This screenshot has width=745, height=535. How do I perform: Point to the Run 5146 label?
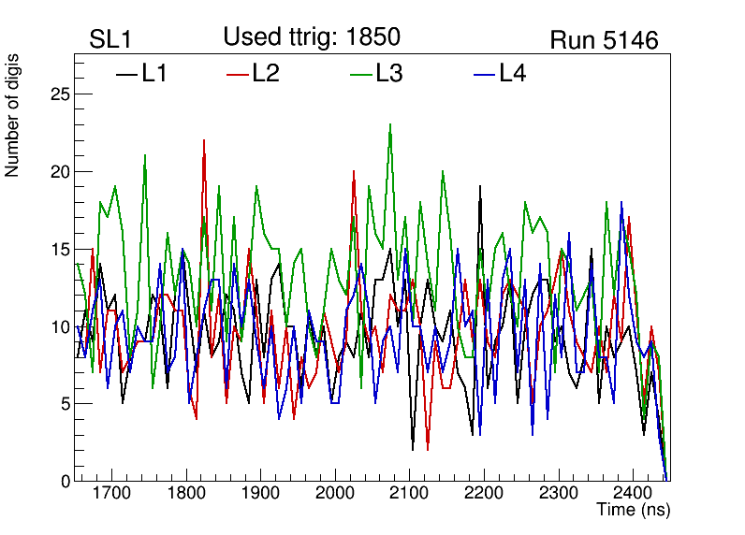pos(604,40)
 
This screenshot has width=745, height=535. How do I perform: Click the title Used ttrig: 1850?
pos(312,36)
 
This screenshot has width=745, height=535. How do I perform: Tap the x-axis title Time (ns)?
pos(634,511)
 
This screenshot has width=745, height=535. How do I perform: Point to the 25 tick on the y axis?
pos(60,94)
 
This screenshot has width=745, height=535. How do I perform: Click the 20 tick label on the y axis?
pos(60,171)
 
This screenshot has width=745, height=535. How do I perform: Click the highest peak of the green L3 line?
pos(390,124)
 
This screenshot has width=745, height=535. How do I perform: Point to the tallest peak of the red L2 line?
pos(204,140)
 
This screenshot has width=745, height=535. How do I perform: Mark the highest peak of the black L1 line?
pos(480,186)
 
